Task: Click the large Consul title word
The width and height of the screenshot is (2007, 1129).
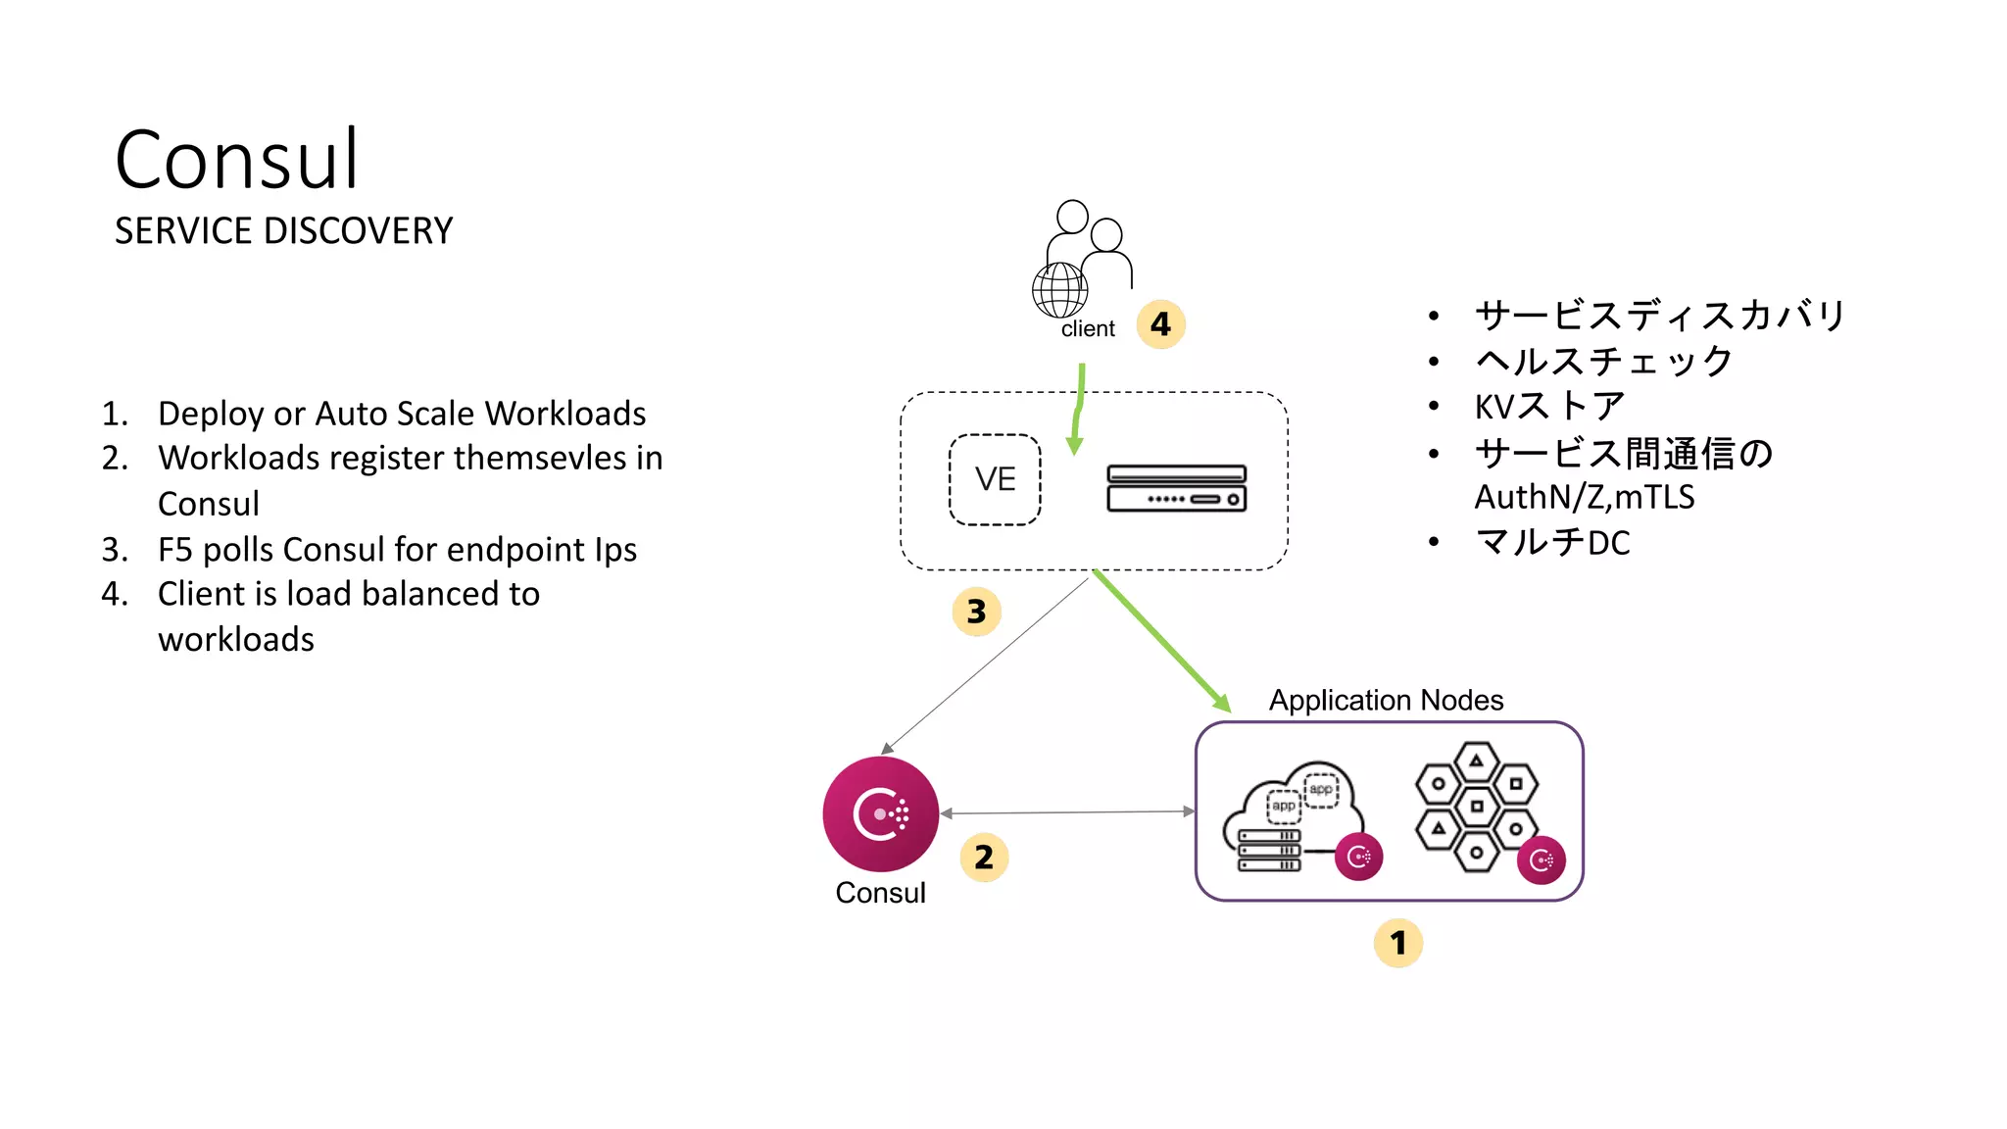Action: [237, 160]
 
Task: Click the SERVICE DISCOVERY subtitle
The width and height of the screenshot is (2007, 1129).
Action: [283, 231]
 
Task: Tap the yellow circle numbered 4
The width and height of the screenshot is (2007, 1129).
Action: [1160, 324]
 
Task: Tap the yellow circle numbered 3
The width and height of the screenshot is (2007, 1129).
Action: [976, 612]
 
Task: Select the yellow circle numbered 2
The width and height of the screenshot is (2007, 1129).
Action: [984, 858]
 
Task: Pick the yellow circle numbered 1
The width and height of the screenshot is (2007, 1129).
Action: [1398, 943]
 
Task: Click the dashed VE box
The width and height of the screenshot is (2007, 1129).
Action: [995, 479]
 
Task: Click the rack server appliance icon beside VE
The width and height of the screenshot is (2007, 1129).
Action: [1176, 488]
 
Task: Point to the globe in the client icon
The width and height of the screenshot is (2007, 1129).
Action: [1059, 290]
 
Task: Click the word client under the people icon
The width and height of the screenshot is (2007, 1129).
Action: [1088, 329]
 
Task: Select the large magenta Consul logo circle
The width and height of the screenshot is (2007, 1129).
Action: [880, 813]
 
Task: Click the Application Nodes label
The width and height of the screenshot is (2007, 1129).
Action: [1386, 700]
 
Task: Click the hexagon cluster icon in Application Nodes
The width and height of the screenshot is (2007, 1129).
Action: [1476, 806]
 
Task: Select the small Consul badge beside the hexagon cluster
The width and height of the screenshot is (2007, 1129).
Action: [1541, 860]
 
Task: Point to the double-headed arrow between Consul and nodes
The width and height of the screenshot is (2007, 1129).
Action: [1067, 812]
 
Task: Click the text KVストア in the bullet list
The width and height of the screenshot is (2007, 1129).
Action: [1549, 406]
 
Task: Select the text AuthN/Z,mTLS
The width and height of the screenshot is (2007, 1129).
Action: [1584, 497]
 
